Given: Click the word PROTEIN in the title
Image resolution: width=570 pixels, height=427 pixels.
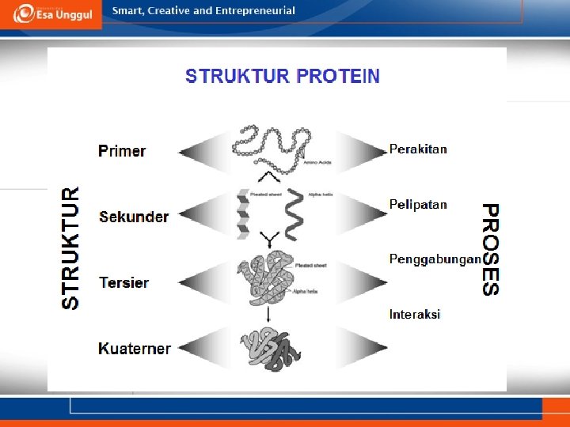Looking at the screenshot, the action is (337, 77).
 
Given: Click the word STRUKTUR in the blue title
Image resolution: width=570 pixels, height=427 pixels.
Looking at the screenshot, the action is (237, 77).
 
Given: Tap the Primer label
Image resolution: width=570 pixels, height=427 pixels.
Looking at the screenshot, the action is (122, 151).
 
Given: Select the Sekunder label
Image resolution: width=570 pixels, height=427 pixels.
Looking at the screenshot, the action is (134, 217).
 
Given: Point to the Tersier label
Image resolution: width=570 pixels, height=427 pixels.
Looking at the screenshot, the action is (124, 282).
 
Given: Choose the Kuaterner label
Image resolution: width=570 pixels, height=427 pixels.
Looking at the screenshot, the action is (135, 348).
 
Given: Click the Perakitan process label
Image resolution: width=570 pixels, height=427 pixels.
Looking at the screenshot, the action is (418, 149).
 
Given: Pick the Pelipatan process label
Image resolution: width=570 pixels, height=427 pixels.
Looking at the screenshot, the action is (418, 204).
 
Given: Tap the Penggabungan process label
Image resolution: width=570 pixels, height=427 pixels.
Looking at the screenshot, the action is (435, 259).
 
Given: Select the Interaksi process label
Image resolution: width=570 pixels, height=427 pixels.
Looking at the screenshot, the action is (415, 314).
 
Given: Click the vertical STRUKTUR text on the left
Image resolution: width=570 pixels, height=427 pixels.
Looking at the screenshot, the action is (71, 248).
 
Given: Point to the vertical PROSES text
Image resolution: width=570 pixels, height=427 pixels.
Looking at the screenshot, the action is (492, 249).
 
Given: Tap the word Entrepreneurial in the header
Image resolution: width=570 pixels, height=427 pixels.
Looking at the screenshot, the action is (254, 11).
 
